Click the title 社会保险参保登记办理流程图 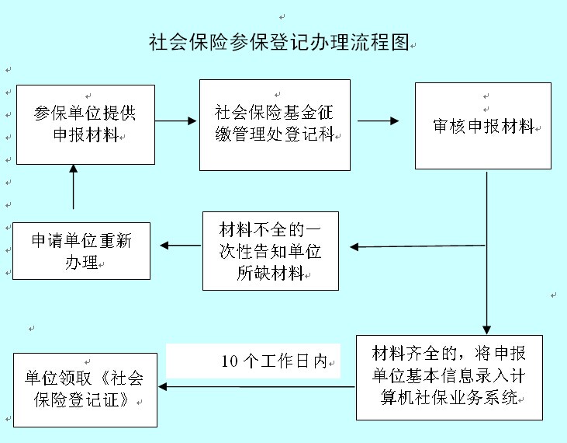(x=278, y=42)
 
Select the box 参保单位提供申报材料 (x=85, y=124)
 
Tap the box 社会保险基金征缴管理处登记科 (x=275, y=125)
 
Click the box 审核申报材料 (x=483, y=126)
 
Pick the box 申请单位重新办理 (x=81, y=251)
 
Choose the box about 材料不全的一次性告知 (x=271, y=251)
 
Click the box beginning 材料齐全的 (x=449, y=378)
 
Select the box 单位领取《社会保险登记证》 (x=85, y=390)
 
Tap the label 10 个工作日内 (x=275, y=361)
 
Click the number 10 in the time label (x=230, y=361)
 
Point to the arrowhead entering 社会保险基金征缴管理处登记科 (x=192, y=120)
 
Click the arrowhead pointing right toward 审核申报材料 (x=395, y=120)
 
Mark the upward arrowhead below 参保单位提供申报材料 (x=74, y=169)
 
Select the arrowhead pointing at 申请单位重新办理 (x=164, y=246)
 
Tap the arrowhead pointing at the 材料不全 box (x=354, y=247)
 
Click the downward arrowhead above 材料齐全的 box (x=487, y=330)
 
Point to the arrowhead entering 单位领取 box (x=163, y=387)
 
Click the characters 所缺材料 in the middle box (x=270, y=273)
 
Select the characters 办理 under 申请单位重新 (x=81, y=262)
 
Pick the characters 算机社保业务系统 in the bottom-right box (x=449, y=397)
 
